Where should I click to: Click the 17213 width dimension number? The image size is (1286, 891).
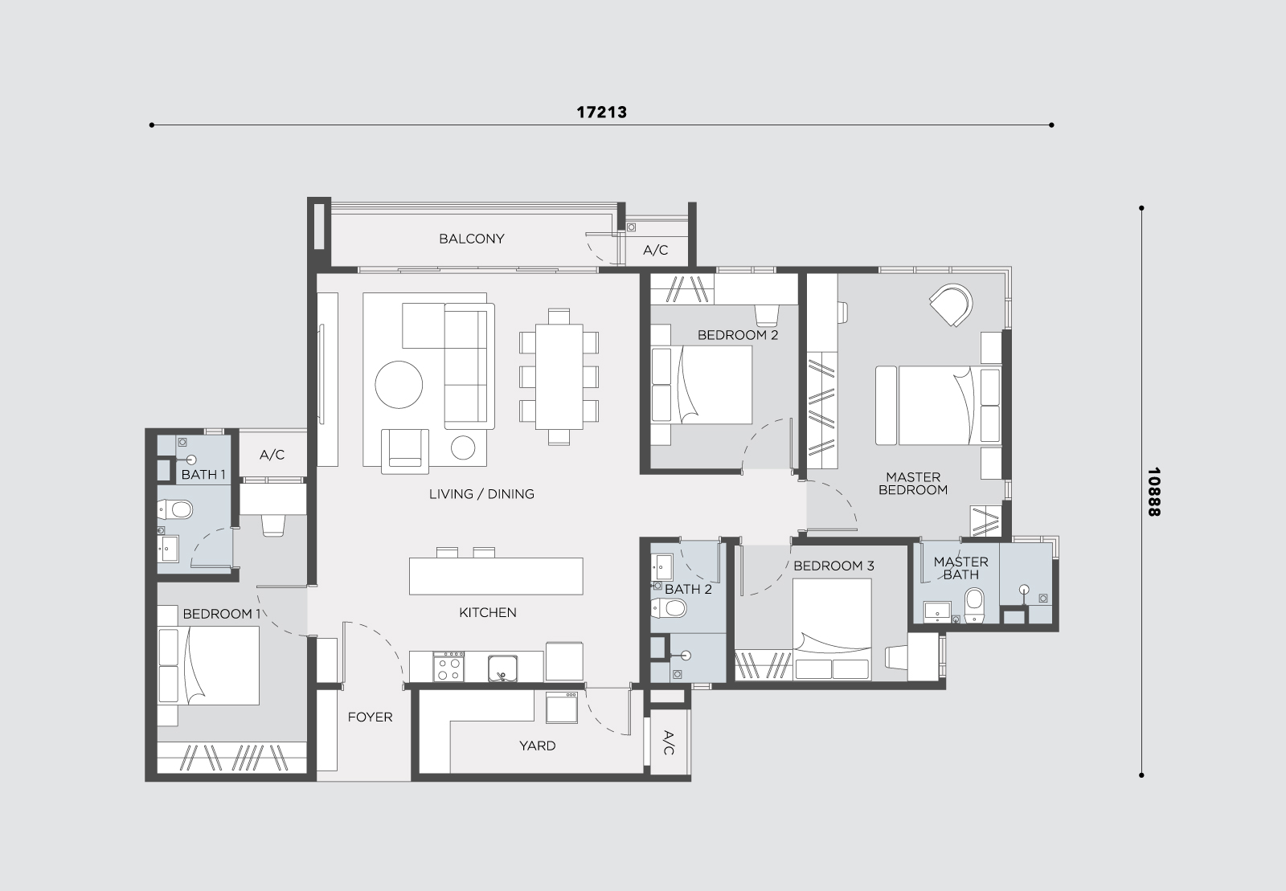(x=601, y=112)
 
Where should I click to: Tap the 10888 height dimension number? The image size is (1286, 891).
(x=1153, y=492)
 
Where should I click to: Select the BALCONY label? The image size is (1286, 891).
(x=471, y=239)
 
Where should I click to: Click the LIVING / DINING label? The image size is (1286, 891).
(x=481, y=494)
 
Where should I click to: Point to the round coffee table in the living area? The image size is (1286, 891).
(x=399, y=384)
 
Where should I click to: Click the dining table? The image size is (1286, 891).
(x=559, y=376)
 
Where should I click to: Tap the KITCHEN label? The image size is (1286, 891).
(x=487, y=613)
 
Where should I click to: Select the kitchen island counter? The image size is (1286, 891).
(x=496, y=576)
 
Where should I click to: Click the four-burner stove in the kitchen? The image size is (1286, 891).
(x=448, y=667)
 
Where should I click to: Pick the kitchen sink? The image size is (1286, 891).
(x=503, y=668)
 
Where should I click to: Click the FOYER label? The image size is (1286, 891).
(x=370, y=717)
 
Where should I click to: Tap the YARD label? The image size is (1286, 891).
(x=538, y=746)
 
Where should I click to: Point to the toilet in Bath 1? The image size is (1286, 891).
(x=175, y=509)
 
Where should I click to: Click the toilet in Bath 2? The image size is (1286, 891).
(x=669, y=607)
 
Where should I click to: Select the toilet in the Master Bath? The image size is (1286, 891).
(x=973, y=604)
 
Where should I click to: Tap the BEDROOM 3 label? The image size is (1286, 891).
(x=833, y=566)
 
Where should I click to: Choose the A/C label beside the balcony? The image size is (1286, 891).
(x=655, y=250)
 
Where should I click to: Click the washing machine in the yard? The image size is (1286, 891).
(x=562, y=708)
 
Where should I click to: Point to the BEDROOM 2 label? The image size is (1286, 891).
(x=738, y=335)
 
